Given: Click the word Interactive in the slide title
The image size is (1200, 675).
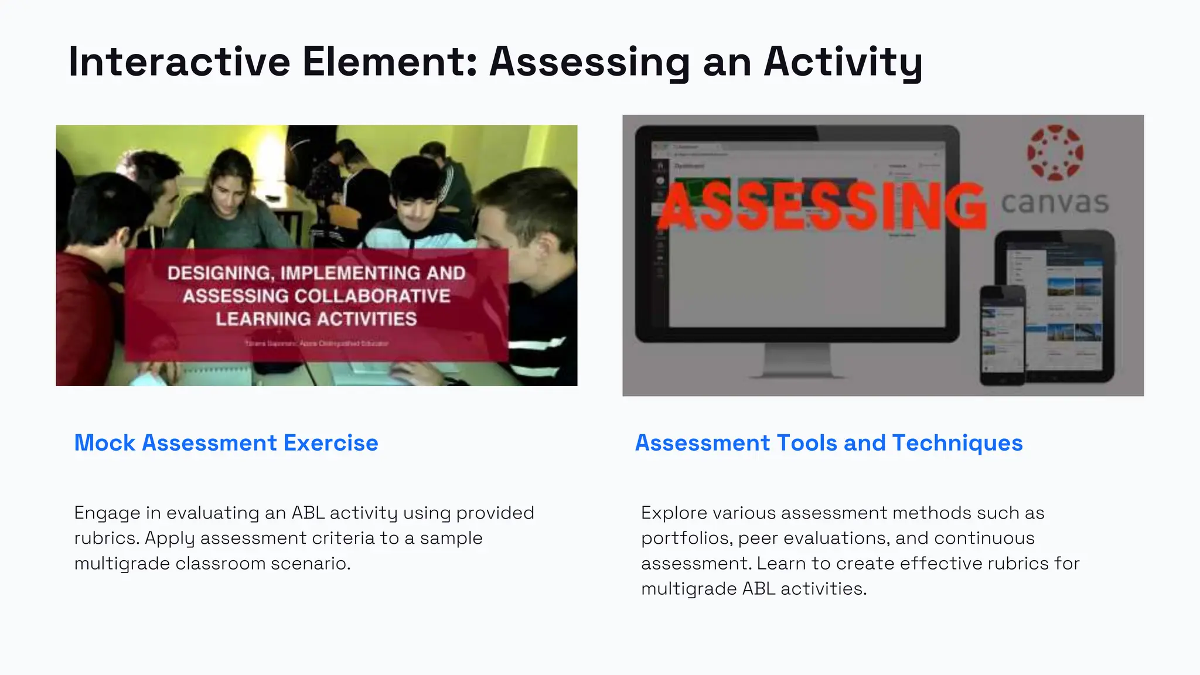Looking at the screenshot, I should coord(179,62).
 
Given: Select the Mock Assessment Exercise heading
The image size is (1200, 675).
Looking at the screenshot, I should coord(226,443).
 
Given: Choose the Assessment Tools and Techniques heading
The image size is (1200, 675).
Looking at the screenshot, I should coord(829,443).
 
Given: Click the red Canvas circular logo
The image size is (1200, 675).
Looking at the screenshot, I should coord(1055,152).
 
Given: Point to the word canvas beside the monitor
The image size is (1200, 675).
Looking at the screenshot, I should coord(1055,203).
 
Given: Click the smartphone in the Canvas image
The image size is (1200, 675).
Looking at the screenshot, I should coord(1003,335).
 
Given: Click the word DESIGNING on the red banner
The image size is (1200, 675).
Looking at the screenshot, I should coord(218,273).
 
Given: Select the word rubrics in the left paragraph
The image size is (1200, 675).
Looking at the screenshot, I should coord(106,538).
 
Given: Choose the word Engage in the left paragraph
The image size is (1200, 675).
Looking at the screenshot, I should coord(107,513).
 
